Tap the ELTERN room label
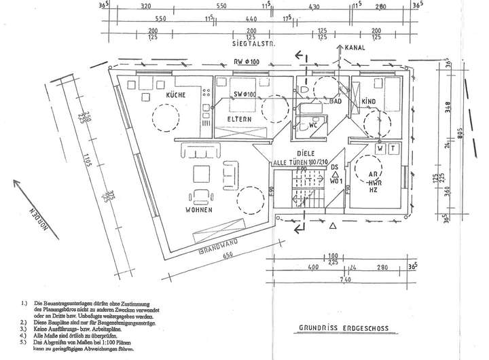pos(239,120)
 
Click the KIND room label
pos(369,102)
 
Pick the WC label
pos(313,126)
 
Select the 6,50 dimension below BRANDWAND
pos(228,255)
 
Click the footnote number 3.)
pos(24,329)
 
